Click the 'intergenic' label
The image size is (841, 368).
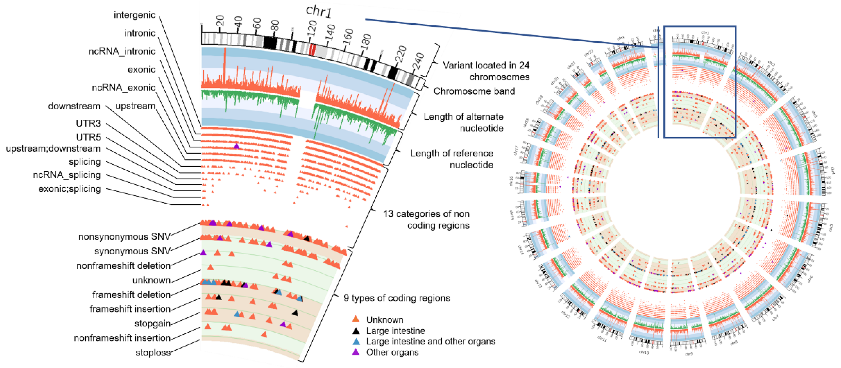pyautogui.click(x=134, y=15)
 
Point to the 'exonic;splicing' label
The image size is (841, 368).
pyautogui.click(x=70, y=189)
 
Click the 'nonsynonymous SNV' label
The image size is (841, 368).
pyautogui.click(x=124, y=237)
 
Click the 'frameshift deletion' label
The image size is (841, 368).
pyautogui.click(x=131, y=294)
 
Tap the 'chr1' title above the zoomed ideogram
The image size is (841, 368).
pyautogui.click(x=319, y=11)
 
